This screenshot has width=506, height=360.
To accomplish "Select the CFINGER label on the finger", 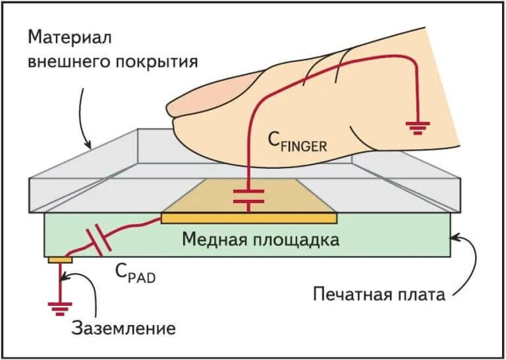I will [296, 141].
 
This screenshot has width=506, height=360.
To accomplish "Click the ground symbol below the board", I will [59, 306].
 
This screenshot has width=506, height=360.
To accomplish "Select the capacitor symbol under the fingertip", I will [249, 195].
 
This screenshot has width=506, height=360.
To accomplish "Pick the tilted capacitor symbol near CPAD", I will [99, 241].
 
